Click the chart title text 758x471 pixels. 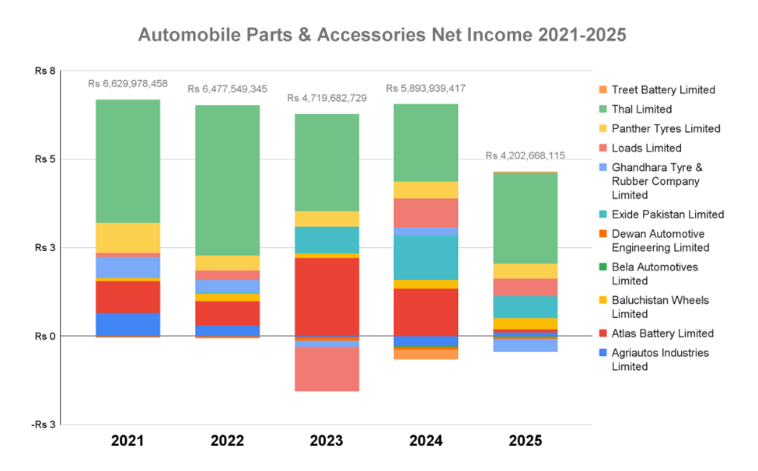tap(382, 36)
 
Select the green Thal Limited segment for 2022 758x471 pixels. tap(227, 180)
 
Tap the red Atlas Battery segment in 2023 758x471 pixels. tap(327, 296)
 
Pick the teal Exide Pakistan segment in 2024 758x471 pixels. tap(426, 257)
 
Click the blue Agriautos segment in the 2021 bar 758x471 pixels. tap(127, 324)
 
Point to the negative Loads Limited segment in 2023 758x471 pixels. tap(327, 368)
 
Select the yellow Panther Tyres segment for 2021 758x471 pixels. tap(127, 237)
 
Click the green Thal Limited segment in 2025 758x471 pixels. tap(526, 218)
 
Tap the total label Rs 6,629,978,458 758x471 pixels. tap(127, 83)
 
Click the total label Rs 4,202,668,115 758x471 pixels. tap(526, 155)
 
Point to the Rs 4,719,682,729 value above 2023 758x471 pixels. tap(327, 98)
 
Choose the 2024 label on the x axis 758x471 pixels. tap(426, 441)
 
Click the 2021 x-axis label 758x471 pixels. tap(127, 441)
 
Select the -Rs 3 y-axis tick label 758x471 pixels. tap(44, 424)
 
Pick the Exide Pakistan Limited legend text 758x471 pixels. tap(668, 215)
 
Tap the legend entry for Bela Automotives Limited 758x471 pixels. tap(655, 274)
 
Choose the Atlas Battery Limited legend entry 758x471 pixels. tap(662, 333)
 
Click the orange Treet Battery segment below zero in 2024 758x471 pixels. tap(426, 354)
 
